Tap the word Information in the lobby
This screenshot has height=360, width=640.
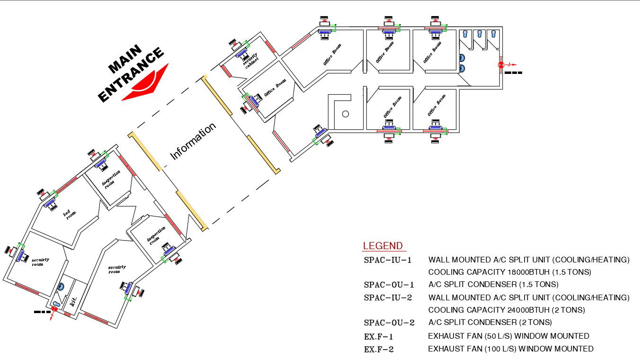click(x=193, y=141)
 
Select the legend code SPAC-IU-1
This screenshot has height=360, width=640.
click(x=388, y=260)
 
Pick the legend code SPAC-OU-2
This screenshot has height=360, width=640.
click(x=389, y=323)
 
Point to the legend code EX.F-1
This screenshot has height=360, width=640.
click(x=379, y=337)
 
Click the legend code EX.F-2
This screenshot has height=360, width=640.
click(x=379, y=350)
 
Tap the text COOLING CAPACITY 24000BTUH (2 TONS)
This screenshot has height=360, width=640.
click(x=506, y=310)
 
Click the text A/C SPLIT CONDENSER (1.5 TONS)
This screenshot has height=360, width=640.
click(x=493, y=285)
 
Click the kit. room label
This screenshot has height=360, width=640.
click(x=73, y=301)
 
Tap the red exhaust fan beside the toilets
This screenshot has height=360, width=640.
click(x=501, y=65)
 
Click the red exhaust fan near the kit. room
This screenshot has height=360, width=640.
click(x=54, y=309)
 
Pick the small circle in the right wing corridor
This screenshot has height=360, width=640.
click(x=346, y=114)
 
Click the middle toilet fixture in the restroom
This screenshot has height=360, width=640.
click(x=480, y=34)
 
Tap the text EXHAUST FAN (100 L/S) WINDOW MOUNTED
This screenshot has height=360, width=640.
click(x=510, y=349)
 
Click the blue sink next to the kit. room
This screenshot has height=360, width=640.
click(x=61, y=287)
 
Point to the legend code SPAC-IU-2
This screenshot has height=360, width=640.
click(x=388, y=298)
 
